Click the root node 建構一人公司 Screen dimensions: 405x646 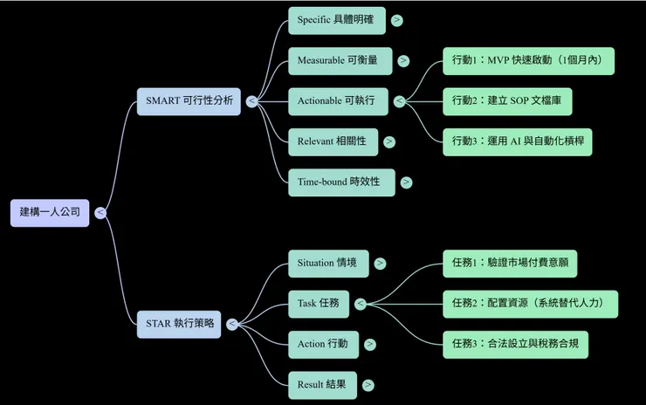(x=50, y=212)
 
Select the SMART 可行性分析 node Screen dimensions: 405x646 (x=189, y=100)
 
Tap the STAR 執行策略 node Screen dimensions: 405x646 (x=180, y=324)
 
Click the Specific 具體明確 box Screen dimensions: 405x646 (x=336, y=20)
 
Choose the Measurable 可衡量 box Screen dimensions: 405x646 (x=340, y=61)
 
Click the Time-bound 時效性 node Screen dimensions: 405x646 (x=340, y=182)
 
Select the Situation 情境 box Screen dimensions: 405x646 (x=327, y=263)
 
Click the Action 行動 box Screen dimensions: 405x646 (x=323, y=344)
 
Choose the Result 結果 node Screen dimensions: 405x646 (x=322, y=384)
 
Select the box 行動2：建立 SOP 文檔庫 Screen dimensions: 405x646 (x=512, y=101)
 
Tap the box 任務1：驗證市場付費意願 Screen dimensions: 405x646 (x=510, y=263)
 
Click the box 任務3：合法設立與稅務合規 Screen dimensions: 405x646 (x=515, y=344)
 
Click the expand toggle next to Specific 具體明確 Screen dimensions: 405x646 (x=398, y=20)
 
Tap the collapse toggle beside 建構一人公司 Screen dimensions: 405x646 (x=101, y=213)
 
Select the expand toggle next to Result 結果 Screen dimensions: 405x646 (x=369, y=385)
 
